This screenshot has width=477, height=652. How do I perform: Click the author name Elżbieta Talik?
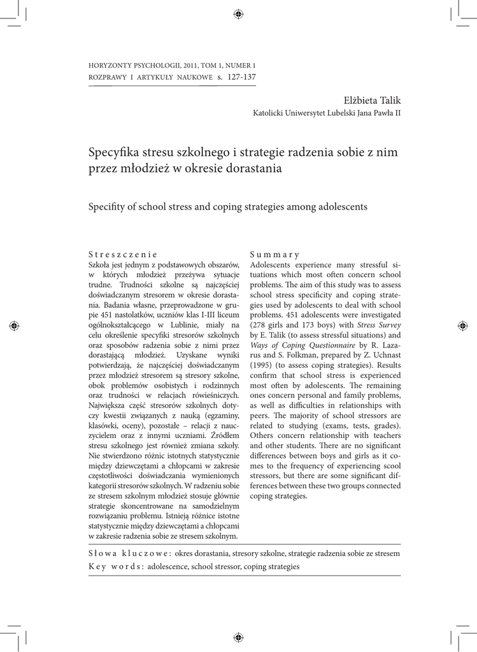[x=372, y=100]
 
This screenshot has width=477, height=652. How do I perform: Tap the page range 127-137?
[x=241, y=77]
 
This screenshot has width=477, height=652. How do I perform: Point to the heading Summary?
[x=274, y=253]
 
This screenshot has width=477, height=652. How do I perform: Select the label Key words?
[x=115, y=566]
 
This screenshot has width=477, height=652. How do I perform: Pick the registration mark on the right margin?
[x=462, y=325]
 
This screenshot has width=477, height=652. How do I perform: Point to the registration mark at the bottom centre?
[x=238, y=637]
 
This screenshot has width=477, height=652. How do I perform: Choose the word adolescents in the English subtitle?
[x=341, y=207]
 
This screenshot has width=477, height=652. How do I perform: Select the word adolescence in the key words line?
[x=168, y=566]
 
